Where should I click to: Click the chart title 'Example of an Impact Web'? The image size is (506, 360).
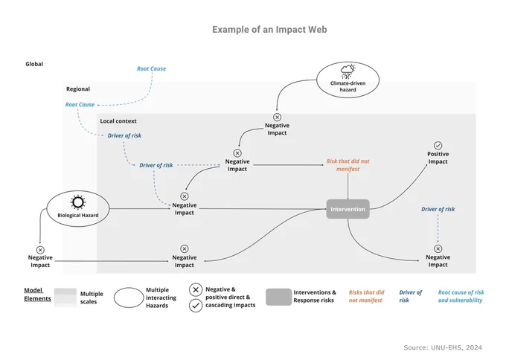coord(269,30)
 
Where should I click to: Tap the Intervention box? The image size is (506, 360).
coord(348,209)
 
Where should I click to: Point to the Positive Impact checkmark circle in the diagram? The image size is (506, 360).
coord(438,146)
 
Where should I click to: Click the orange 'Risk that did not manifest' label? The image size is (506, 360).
coord(348,165)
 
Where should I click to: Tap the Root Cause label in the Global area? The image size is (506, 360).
coord(151,68)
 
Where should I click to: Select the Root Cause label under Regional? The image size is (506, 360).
coord(80,105)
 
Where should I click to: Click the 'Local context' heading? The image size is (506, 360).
coord(118,121)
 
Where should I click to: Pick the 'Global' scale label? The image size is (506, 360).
coord(34,64)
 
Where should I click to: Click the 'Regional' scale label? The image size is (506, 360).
coord(78,89)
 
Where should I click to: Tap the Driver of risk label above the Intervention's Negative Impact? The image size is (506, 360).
coord(438,209)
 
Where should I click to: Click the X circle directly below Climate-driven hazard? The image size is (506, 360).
coord(277,117)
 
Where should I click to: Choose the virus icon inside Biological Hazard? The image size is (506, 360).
coord(78,202)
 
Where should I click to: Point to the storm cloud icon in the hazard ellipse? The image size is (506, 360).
coord(348,71)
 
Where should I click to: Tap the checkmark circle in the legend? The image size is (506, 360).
coord(196,306)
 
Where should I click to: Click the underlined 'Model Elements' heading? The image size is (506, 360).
coord(37,295)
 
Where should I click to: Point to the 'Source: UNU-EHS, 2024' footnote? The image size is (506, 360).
coord(443,347)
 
